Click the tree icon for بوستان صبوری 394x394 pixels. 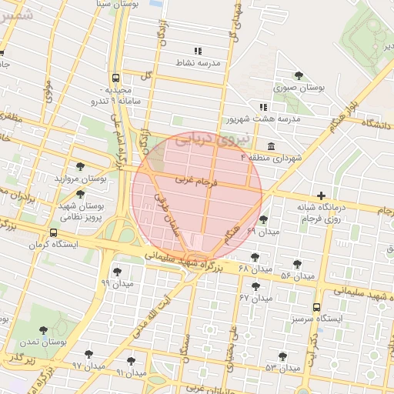coord(299,75)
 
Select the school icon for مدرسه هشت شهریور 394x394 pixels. coord(262,107)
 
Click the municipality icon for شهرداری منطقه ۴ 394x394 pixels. coord(270,146)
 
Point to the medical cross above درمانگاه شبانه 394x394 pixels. coord(321,195)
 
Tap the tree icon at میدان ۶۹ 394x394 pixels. coord(263,219)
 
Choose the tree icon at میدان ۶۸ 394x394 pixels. coord(255,257)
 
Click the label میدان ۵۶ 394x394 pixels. coord(297,275)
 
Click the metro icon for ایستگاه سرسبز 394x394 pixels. coord(316,307)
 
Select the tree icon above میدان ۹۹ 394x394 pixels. coord(117,272)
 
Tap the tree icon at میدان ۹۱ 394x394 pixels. coord(131,361)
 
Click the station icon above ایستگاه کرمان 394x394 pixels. coord(53,233)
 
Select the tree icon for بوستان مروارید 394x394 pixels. coord(80,166)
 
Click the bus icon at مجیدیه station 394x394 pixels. coord(115,78)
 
